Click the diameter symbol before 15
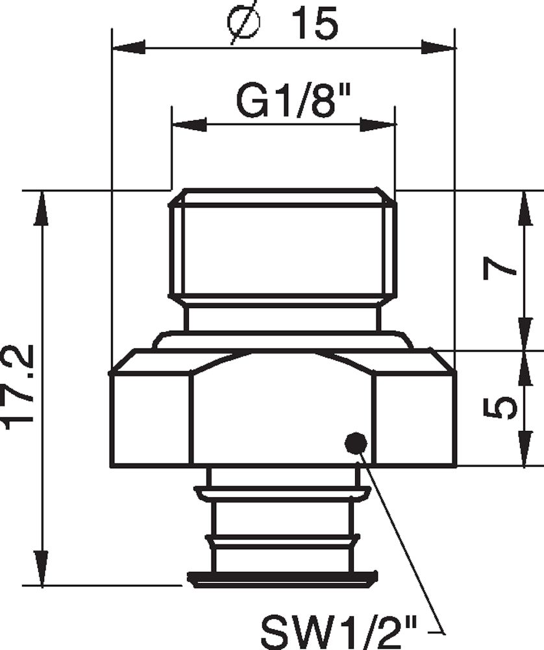point(245,24)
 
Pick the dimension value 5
point(501,408)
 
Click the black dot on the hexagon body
point(355,443)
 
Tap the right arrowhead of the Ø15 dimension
point(439,47)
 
